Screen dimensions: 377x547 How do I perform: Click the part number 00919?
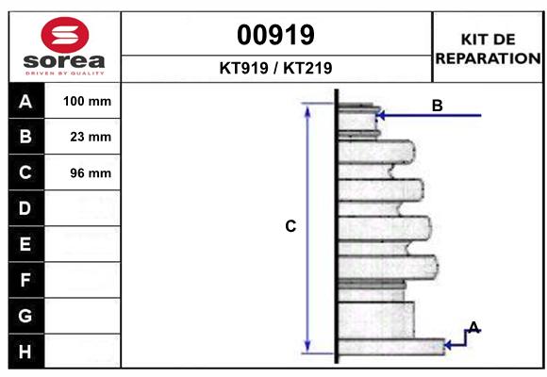275,35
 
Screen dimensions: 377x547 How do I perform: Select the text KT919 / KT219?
275,68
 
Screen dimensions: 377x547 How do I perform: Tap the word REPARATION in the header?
488,57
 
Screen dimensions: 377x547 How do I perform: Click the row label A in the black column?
25,101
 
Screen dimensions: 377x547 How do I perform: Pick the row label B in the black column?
25,137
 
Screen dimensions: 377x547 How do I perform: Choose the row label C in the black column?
25,172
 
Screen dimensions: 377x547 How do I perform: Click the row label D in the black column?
25,208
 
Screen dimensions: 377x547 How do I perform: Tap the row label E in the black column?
25,244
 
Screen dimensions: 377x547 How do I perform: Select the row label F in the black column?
25,280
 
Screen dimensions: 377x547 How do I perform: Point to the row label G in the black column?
25,316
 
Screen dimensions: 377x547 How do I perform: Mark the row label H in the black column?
25,352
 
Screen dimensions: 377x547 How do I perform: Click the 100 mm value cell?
87,101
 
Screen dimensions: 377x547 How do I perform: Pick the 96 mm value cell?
87,172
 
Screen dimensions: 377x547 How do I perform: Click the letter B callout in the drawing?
437,106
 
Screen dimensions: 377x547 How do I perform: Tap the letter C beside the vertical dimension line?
290,226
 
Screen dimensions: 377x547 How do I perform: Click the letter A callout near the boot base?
474,327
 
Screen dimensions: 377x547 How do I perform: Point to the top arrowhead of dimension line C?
307,108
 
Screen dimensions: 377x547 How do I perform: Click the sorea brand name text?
62,61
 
